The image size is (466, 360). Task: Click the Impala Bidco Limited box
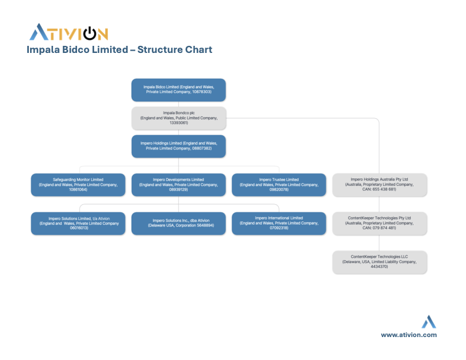pyautogui.click(x=178, y=89)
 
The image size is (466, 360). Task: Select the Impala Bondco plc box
pyautogui.click(x=178, y=118)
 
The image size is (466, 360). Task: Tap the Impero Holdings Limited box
pyautogui.click(x=178, y=146)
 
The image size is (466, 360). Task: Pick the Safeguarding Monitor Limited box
pyautogui.click(x=78, y=184)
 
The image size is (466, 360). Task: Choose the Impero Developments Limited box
pyautogui.click(x=178, y=184)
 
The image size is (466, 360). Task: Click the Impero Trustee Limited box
pyautogui.click(x=279, y=184)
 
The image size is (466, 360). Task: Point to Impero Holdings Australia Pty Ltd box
pyautogui.click(x=380, y=184)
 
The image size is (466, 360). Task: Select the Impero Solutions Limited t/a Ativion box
pyautogui.click(x=78, y=223)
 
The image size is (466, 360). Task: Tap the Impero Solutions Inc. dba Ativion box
pyautogui.click(x=178, y=223)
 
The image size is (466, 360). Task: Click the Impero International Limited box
pyautogui.click(x=279, y=223)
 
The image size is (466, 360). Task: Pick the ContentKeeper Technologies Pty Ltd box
pyautogui.click(x=380, y=223)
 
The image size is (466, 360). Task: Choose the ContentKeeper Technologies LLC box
pyautogui.click(x=380, y=262)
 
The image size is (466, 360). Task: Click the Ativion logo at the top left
pyautogui.click(x=69, y=32)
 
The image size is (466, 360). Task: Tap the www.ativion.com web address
pyautogui.click(x=408, y=335)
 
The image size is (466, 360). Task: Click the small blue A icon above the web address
pyautogui.click(x=429, y=322)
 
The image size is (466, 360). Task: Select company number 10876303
pyautogui.click(x=199, y=92)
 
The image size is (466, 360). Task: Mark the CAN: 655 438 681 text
pyautogui.click(x=379, y=189)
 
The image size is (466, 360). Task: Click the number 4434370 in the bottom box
pyautogui.click(x=380, y=267)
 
